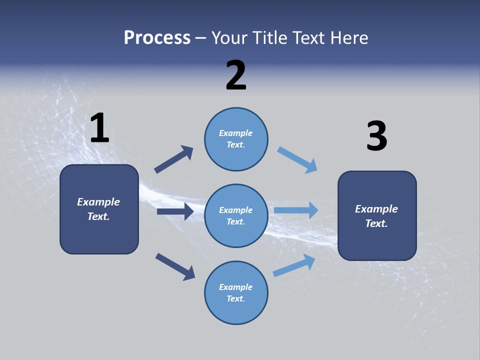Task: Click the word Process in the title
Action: tap(157, 38)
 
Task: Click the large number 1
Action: tap(99, 128)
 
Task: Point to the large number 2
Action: tap(236, 75)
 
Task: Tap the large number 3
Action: tap(376, 136)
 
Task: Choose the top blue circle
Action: tap(236, 139)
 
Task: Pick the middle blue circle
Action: tap(236, 215)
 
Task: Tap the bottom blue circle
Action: tap(236, 292)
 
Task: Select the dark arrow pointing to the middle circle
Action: tap(175, 211)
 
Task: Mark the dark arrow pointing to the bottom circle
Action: tap(175, 266)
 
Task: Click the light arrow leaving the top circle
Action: tap(297, 160)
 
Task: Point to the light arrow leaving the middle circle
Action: tap(296, 210)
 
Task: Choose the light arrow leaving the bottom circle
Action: tap(294, 265)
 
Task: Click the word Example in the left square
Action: tap(98, 202)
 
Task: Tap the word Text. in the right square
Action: tap(376, 223)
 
